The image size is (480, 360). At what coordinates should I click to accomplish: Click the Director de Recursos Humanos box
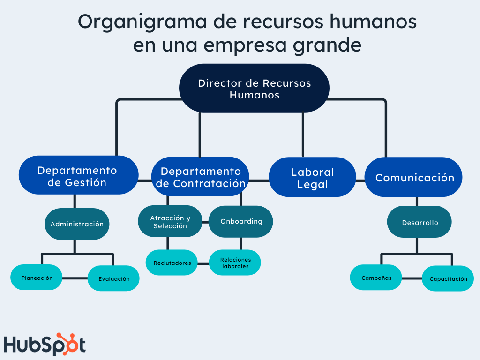pos(254,88)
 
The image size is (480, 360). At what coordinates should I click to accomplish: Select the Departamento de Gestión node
pos(79,175)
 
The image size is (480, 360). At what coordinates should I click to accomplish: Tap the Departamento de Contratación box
pos(200,177)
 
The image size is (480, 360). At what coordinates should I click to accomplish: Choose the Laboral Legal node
pos(312,177)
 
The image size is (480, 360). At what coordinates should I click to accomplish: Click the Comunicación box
pos(413,177)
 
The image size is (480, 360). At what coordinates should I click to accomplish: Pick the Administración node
pos(77,224)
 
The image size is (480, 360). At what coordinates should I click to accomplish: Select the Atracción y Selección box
pos(170,221)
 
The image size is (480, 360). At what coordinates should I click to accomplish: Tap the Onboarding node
pos(241,222)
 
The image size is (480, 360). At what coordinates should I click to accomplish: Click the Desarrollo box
pos(420,222)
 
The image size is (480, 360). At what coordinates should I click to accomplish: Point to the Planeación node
pos(37,277)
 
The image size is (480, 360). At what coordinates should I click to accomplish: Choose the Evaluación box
pos(113,278)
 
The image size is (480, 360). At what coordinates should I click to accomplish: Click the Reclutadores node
pos(172,262)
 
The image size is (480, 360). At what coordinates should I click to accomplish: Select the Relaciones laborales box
pos(235,262)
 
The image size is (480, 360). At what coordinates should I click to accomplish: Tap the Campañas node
pos(376,277)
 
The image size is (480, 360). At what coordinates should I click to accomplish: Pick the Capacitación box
pos(448,278)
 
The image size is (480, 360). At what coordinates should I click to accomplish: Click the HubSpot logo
pos(45,344)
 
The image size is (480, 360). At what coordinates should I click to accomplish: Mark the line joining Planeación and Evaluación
pos(75,278)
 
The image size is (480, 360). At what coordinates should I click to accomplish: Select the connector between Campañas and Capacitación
pos(412,278)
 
